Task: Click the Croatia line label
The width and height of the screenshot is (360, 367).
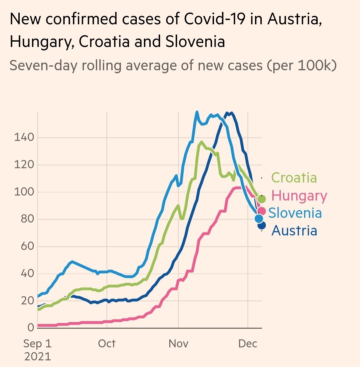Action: (x=294, y=178)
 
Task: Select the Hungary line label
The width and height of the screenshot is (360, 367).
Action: (x=299, y=195)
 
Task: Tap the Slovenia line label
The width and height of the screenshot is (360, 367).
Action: (x=295, y=213)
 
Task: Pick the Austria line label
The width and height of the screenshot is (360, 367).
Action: (x=294, y=230)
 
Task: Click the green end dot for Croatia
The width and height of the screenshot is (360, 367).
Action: (x=262, y=199)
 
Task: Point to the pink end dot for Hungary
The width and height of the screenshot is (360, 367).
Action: (x=261, y=211)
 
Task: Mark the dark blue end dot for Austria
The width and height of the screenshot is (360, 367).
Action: (x=262, y=225)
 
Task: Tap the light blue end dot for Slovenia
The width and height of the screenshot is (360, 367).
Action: (x=259, y=218)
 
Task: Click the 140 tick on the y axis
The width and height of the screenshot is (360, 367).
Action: (x=24, y=137)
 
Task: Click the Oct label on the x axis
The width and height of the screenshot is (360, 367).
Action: (x=107, y=343)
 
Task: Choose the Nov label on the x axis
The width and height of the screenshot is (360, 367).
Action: (x=178, y=343)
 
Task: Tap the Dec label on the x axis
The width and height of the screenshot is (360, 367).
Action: (x=248, y=343)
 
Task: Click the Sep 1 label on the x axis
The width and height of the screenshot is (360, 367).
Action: (x=38, y=343)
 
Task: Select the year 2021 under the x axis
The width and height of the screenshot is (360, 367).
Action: (x=38, y=357)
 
